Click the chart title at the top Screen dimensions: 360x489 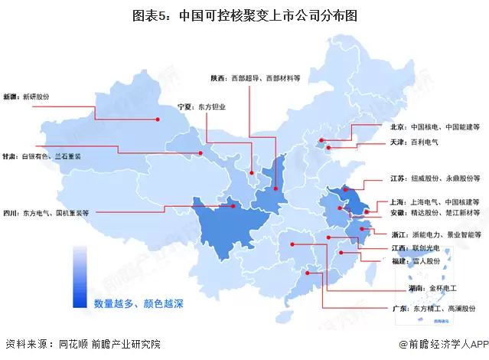click(244, 15)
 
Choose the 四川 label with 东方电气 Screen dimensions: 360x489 click(46, 213)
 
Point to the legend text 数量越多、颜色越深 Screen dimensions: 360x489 click(139, 303)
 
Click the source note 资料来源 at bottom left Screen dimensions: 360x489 click(83, 345)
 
